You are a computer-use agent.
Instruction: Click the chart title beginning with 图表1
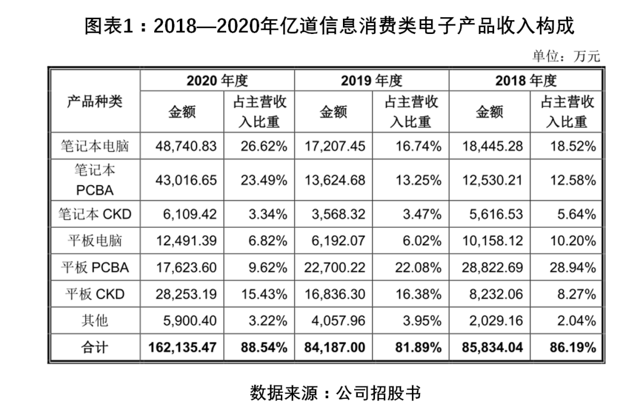pyautogui.click(x=329, y=26)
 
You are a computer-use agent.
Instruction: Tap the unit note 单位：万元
pyautogui.click(x=566, y=56)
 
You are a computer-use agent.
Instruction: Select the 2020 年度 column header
pyautogui.click(x=217, y=81)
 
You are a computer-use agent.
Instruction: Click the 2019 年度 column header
pyautogui.click(x=372, y=81)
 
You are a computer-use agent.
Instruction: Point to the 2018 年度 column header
pyautogui.click(x=526, y=81)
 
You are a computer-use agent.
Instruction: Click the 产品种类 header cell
pyautogui.click(x=95, y=102)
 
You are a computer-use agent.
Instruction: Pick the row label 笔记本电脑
pyautogui.click(x=95, y=146)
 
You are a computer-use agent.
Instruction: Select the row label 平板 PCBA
pyautogui.click(x=95, y=268)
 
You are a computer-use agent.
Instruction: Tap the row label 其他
pyautogui.click(x=95, y=320)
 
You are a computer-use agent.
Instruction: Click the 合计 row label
pyautogui.click(x=95, y=348)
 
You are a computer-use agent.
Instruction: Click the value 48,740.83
pyautogui.click(x=186, y=146)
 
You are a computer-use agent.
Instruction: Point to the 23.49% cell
pyautogui.click(x=264, y=180)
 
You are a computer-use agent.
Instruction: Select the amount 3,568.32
pyautogui.click(x=338, y=214)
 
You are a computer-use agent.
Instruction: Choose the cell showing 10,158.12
pyautogui.click(x=492, y=241)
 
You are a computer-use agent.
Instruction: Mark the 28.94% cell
pyautogui.click(x=573, y=268)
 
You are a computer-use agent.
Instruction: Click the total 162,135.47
pyautogui.click(x=182, y=348)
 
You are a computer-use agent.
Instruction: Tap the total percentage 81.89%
pyautogui.click(x=419, y=348)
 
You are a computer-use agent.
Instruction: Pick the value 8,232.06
pyautogui.click(x=496, y=295)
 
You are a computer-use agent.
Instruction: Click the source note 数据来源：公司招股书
pyautogui.click(x=335, y=393)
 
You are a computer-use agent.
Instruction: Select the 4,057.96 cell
pyautogui.click(x=338, y=321)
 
